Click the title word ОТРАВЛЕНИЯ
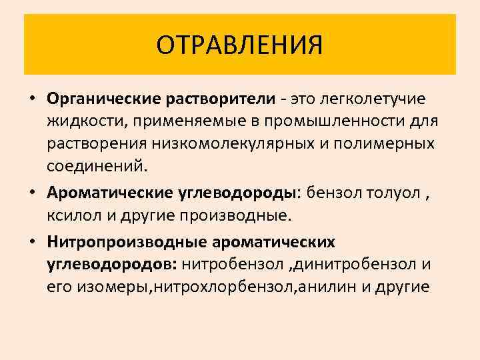(x=240, y=45)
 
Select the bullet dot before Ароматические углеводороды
(x=31, y=194)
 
